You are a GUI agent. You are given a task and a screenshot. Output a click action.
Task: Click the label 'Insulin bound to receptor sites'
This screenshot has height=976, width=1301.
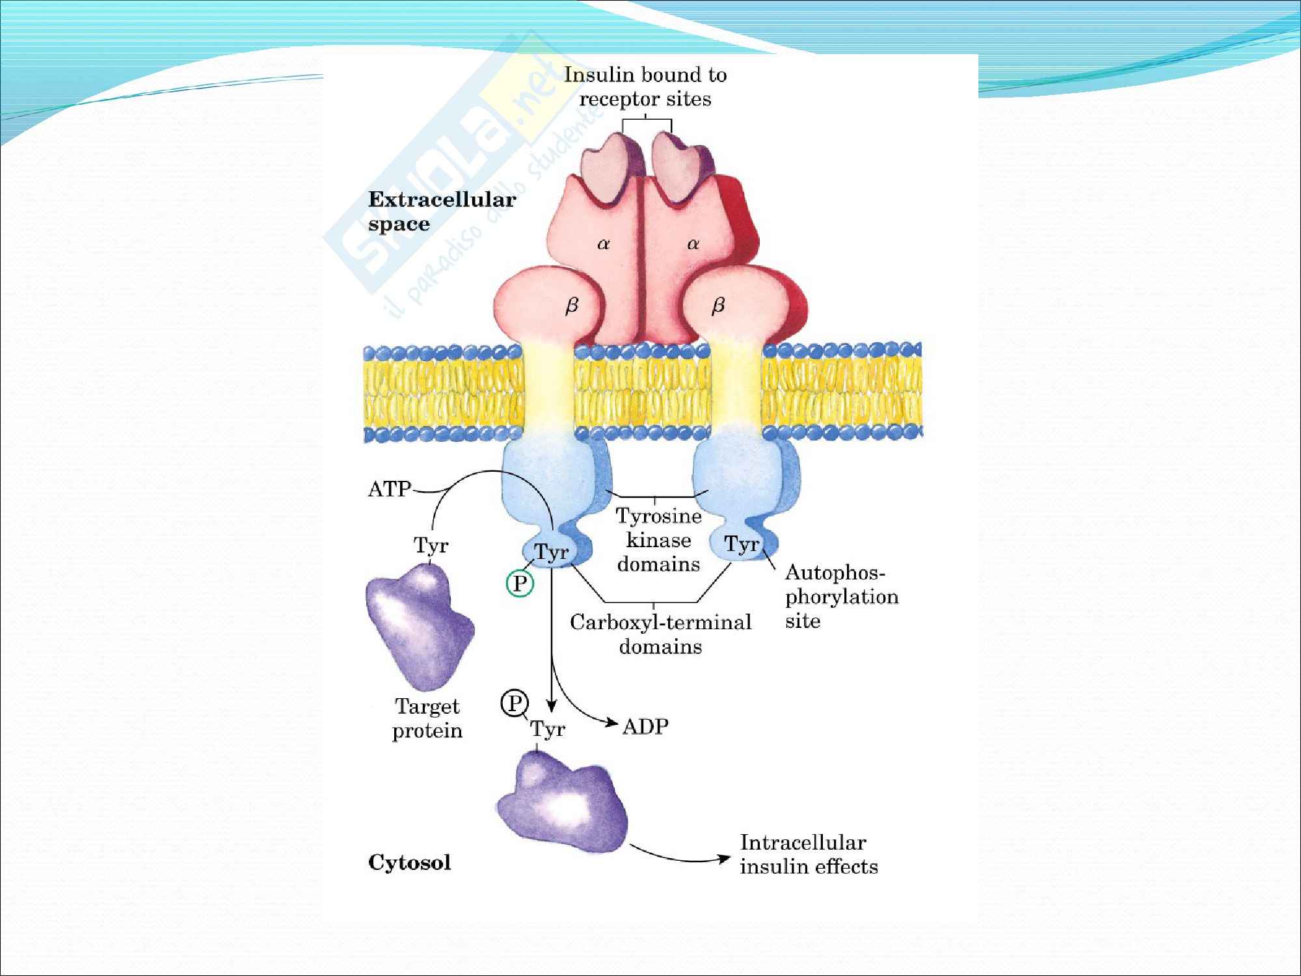(x=645, y=87)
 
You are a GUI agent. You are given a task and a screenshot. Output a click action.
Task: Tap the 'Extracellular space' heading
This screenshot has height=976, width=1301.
(x=442, y=211)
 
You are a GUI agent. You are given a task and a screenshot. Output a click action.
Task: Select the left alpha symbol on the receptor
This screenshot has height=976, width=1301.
(x=603, y=244)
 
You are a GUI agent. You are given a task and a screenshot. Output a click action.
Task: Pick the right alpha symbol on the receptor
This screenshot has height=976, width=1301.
(x=693, y=244)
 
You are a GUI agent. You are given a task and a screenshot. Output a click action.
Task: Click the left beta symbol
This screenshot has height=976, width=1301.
(x=571, y=306)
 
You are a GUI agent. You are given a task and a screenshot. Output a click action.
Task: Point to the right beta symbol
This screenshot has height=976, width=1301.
(x=718, y=306)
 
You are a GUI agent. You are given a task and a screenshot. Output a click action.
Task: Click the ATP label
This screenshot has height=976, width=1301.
(x=389, y=489)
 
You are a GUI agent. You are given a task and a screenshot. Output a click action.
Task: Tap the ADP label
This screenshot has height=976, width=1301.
(x=645, y=726)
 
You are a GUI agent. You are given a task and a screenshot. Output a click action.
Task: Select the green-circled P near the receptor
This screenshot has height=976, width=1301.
(x=520, y=583)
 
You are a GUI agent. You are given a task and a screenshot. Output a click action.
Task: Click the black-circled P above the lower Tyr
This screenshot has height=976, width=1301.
(x=515, y=703)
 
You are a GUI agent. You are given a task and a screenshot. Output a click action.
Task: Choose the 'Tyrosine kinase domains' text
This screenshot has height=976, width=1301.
(x=658, y=540)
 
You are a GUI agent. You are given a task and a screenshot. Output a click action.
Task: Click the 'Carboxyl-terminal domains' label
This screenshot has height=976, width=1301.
(x=660, y=634)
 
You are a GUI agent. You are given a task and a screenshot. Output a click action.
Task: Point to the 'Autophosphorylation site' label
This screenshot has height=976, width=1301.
(x=840, y=597)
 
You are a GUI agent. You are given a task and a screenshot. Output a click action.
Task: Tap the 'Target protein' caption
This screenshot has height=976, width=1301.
(x=427, y=718)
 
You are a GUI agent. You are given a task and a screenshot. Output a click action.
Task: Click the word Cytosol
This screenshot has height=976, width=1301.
(x=409, y=863)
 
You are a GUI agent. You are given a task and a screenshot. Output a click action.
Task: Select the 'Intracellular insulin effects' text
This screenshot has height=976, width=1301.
(x=808, y=854)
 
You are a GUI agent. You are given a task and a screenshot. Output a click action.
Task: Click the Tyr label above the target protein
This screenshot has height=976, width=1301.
(x=431, y=545)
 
